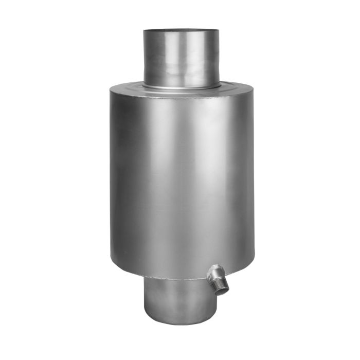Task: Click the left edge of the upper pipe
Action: click(x=143, y=57)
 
